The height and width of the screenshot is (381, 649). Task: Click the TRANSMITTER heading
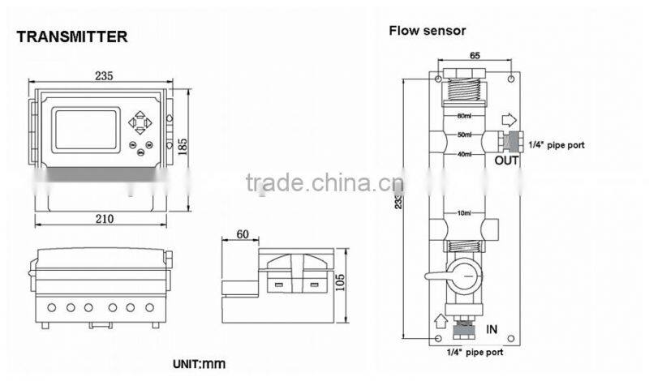click(x=72, y=36)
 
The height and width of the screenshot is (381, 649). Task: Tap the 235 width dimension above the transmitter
click(x=103, y=75)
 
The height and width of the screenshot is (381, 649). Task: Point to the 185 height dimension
click(x=183, y=146)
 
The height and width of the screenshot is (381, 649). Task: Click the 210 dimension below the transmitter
click(x=104, y=219)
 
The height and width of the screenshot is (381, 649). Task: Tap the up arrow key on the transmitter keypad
click(x=142, y=115)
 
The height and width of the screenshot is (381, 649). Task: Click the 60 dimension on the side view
click(x=242, y=234)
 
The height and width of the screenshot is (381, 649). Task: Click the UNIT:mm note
click(x=199, y=364)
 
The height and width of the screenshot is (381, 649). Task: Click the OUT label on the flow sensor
click(x=506, y=161)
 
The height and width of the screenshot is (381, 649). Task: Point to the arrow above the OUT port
click(x=509, y=120)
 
